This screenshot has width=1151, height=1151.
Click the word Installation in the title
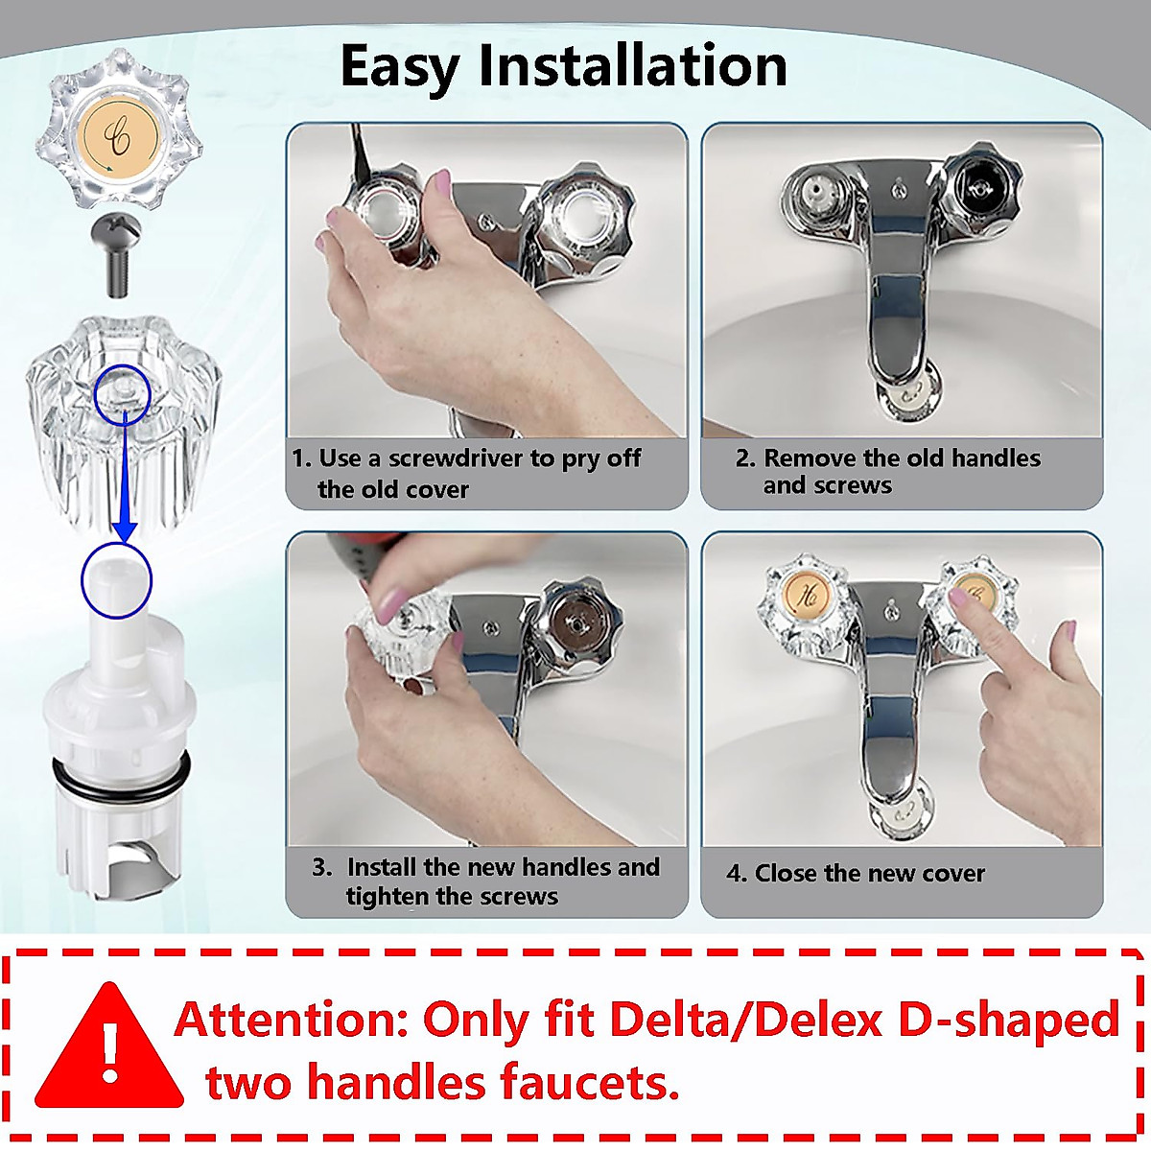pos(633,66)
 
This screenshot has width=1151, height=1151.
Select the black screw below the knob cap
pos(117,252)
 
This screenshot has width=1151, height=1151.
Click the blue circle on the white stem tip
pos(116,580)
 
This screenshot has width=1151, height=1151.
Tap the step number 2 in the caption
pos(744,458)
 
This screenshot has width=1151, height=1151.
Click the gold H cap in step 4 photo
pos(806,595)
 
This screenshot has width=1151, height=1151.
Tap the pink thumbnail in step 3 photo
pos(392,604)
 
